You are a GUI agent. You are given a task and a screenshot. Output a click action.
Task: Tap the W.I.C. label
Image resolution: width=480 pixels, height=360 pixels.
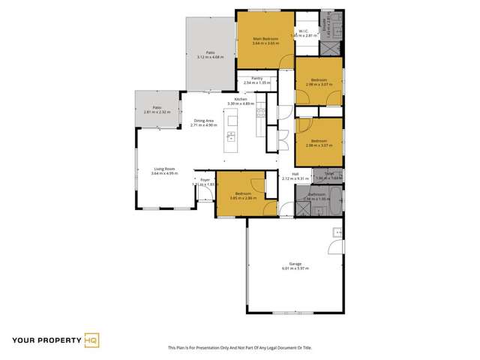(x=304, y=31)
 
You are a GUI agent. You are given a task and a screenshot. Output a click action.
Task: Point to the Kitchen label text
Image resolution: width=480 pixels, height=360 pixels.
(x=241, y=100)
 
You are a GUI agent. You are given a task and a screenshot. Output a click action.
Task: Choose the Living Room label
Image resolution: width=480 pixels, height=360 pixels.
(x=164, y=169)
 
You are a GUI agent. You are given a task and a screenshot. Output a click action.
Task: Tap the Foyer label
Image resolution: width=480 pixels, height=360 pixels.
(x=204, y=180)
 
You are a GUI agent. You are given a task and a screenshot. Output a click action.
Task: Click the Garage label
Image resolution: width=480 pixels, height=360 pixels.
(x=295, y=263)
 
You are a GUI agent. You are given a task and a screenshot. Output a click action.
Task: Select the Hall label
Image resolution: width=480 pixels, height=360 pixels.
(x=286, y=174)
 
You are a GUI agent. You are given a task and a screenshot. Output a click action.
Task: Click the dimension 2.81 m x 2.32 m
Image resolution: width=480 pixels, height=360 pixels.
(x=157, y=112)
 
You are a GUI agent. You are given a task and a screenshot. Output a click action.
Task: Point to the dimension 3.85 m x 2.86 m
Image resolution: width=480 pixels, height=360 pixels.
(x=244, y=199)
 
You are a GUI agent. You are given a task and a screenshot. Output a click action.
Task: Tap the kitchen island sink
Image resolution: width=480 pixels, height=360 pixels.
(x=231, y=136)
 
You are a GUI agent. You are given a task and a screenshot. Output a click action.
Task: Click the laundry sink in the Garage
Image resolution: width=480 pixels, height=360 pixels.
(x=338, y=230)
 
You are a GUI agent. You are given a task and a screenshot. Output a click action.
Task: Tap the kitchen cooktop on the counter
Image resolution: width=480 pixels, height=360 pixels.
(x=260, y=113)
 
